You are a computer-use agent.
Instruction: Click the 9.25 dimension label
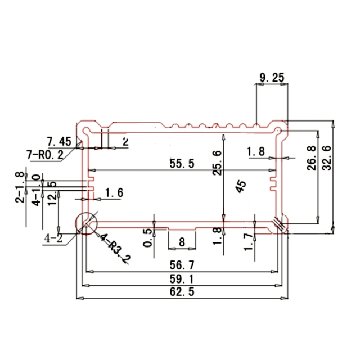[x=271, y=78]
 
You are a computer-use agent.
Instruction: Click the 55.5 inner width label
[x=182, y=164]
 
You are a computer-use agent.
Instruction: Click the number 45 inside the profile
[x=241, y=186]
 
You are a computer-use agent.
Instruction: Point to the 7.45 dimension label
[x=58, y=141]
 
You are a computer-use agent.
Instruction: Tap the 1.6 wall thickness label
[x=114, y=193]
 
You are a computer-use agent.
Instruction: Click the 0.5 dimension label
[x=148, y=239]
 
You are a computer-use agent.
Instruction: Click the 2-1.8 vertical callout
[x=20, y=187]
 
